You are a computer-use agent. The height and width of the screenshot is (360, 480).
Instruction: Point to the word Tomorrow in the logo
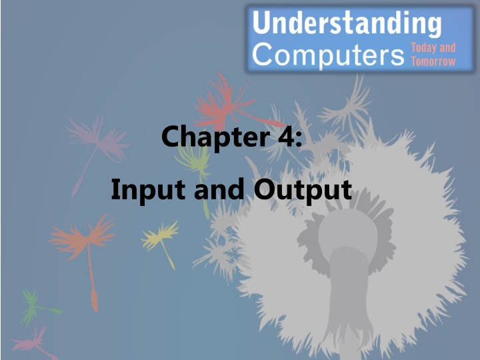click(x=433, y=61)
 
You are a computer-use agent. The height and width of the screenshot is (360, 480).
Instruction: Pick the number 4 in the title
click(x=279, y=137)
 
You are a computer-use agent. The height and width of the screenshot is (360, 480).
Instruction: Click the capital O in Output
click(x=265, y=190)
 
